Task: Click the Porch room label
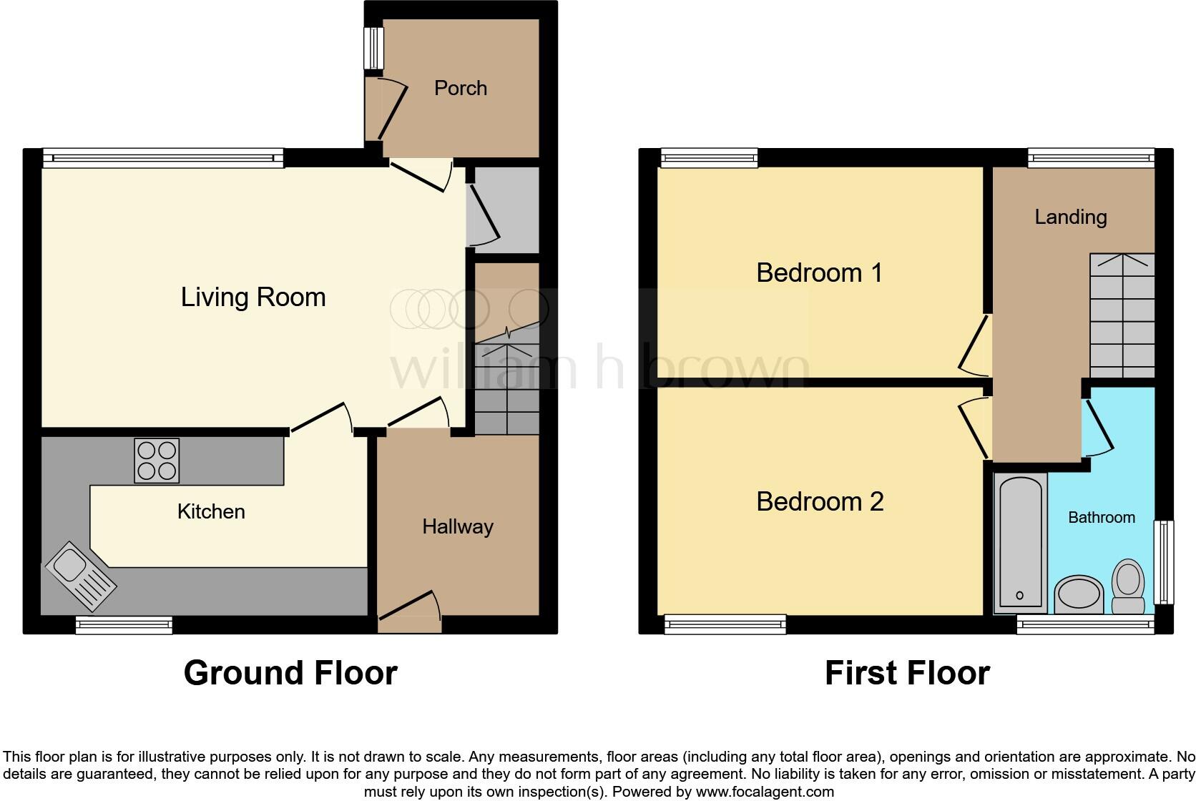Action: coord(460,88)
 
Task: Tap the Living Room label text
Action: coord(253,297)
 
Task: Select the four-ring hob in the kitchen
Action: coord(157,461)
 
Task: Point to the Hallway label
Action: coord(457,527)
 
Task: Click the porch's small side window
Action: coord(373,48)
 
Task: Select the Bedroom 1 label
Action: coord(819,272)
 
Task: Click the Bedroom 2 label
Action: coord(820,501)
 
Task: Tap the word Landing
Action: coord(1070,217)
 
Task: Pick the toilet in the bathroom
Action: coord(1128,586)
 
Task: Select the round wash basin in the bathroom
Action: coord(1079,594)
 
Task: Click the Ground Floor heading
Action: coord(290,673)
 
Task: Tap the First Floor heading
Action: coord(906,673)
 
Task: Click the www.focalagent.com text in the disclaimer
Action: coord(764,792)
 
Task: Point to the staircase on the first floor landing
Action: coord(1122,315)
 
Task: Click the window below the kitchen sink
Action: coord(124,625)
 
